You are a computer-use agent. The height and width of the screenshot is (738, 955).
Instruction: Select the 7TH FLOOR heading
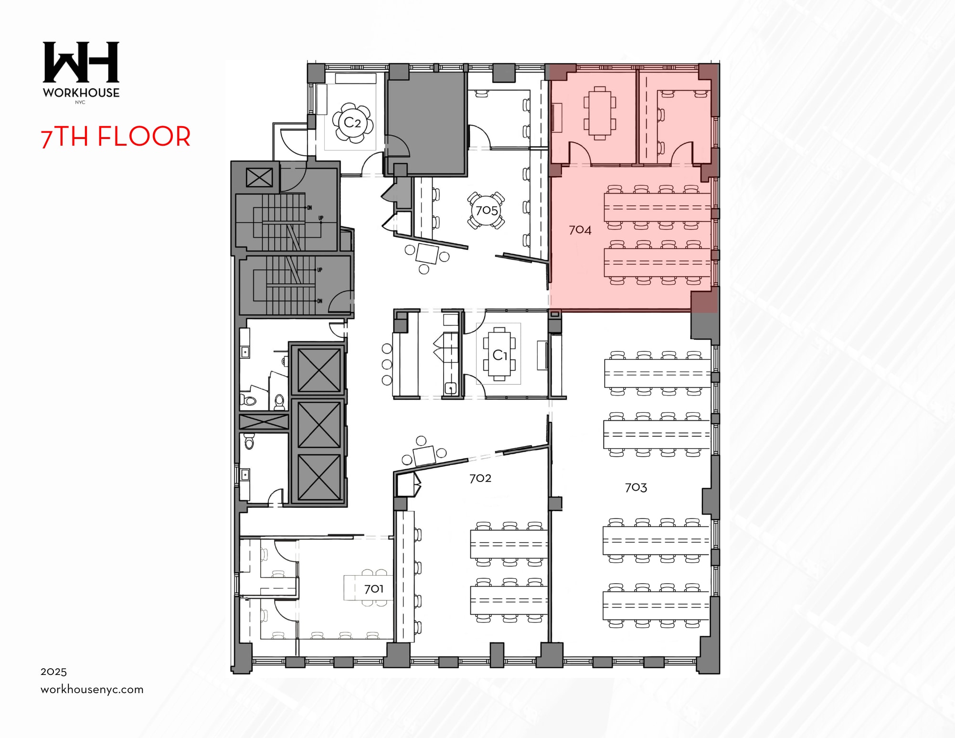(x=116, y=137)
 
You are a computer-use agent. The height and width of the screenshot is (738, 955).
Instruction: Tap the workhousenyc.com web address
(x=92, y=689)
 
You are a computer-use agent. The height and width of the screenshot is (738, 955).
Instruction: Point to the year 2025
(x=53, y=672)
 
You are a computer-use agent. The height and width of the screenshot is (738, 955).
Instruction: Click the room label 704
(x=580, y=230)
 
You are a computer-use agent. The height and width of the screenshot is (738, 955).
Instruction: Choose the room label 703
(x=636, y=488)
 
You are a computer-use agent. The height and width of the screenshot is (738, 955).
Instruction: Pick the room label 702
(x=480, y=478)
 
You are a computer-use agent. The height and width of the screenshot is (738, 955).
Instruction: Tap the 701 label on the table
(x=373, y=589)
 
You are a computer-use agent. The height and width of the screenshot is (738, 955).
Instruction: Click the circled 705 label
(x=486, y=211)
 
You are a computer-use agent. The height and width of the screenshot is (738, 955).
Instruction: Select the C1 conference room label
(x=499, y=355)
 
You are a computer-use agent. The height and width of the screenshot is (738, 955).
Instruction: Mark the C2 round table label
(x=352, y=123)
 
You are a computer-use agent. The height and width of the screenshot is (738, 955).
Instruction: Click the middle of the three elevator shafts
(x=318, y=424)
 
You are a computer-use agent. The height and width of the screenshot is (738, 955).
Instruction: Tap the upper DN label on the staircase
(x=309, y=208)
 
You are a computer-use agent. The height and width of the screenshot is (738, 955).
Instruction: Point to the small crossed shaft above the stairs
(x=259, y=178)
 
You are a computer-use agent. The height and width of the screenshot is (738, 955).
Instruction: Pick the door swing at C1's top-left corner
(x=474, y=321)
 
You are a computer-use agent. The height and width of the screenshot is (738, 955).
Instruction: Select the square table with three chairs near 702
(x=424, y=455)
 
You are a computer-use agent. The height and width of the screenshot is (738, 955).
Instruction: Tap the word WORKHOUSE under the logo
(x=81, y=93)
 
